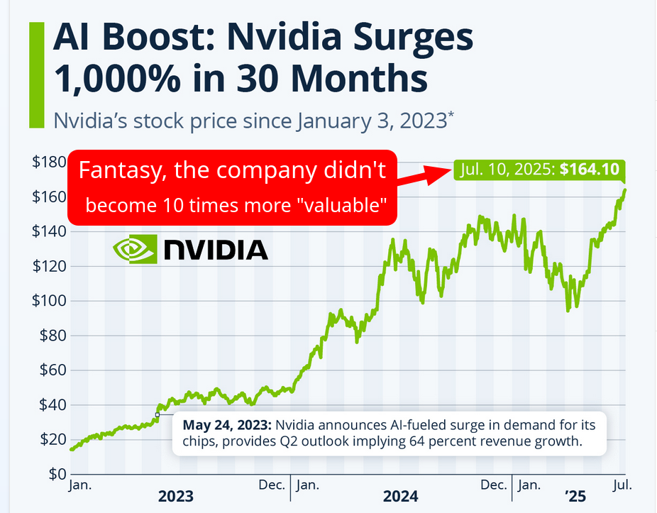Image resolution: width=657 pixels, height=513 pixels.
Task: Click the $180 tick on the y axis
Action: click(48, 162)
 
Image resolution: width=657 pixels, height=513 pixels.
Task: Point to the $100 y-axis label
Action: click(48, 301)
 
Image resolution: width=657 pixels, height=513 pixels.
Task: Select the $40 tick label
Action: click(51, 405)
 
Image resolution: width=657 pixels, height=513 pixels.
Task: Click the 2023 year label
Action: click(175, 496)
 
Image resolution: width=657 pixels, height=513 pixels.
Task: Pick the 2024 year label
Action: click(401, 496)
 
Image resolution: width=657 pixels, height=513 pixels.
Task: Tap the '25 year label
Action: click(575, 496)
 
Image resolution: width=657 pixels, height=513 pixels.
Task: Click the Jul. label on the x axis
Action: click(622, 485)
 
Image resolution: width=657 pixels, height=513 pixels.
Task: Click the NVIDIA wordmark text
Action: click(216, 250)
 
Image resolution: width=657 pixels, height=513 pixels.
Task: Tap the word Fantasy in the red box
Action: click(112, 171)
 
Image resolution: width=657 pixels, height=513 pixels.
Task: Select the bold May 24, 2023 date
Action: click(227, 426)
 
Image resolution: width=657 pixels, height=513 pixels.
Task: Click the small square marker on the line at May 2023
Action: click(158, 414)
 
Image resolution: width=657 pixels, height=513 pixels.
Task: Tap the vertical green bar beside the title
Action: click(36, 75)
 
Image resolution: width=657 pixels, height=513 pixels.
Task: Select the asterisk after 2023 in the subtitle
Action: click(451, 114)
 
